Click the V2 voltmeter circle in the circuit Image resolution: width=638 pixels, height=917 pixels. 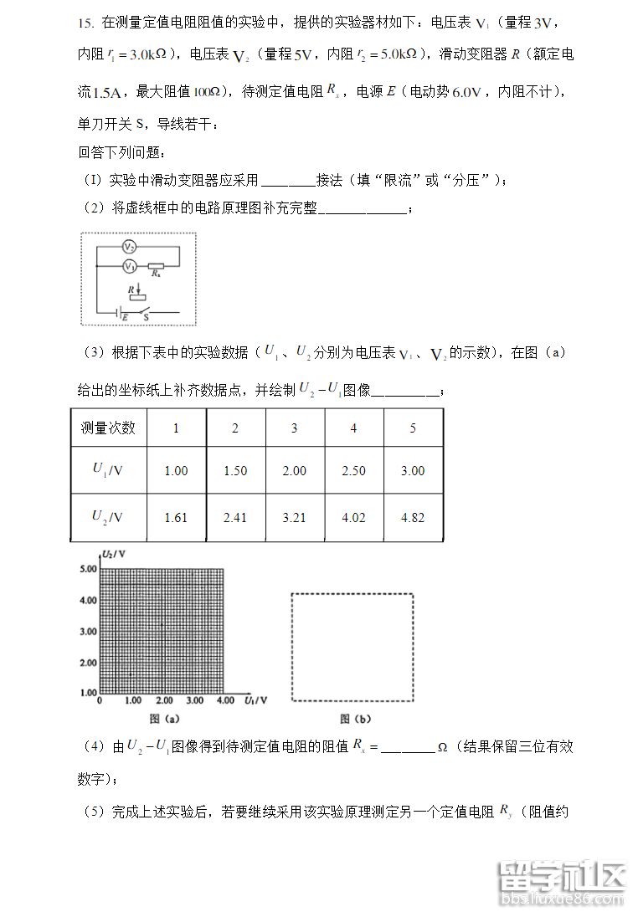[x=130, y=246]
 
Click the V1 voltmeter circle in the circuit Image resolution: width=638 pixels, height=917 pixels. [x=130, y=265]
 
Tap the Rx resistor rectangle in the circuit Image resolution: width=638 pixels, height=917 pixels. [x=156, y=265]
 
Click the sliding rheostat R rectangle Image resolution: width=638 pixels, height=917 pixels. [x=138, y=297]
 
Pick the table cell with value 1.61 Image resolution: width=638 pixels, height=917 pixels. [x=176, y=517]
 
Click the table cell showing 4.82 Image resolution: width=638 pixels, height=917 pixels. [x=413, y=517]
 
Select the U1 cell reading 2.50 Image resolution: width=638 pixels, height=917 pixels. [x=353, y=470]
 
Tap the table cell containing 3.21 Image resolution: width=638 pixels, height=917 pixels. [x=294, y=517]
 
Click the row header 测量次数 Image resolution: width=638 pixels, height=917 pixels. [x=108, y=428]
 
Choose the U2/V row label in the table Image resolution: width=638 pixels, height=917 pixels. [x=108, y=517]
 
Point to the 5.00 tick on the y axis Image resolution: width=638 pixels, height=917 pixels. [x=88, y=569]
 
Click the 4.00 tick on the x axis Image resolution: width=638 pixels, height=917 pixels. [x=224, y=700]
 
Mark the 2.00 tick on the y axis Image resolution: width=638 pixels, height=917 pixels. [x=88, y=663]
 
